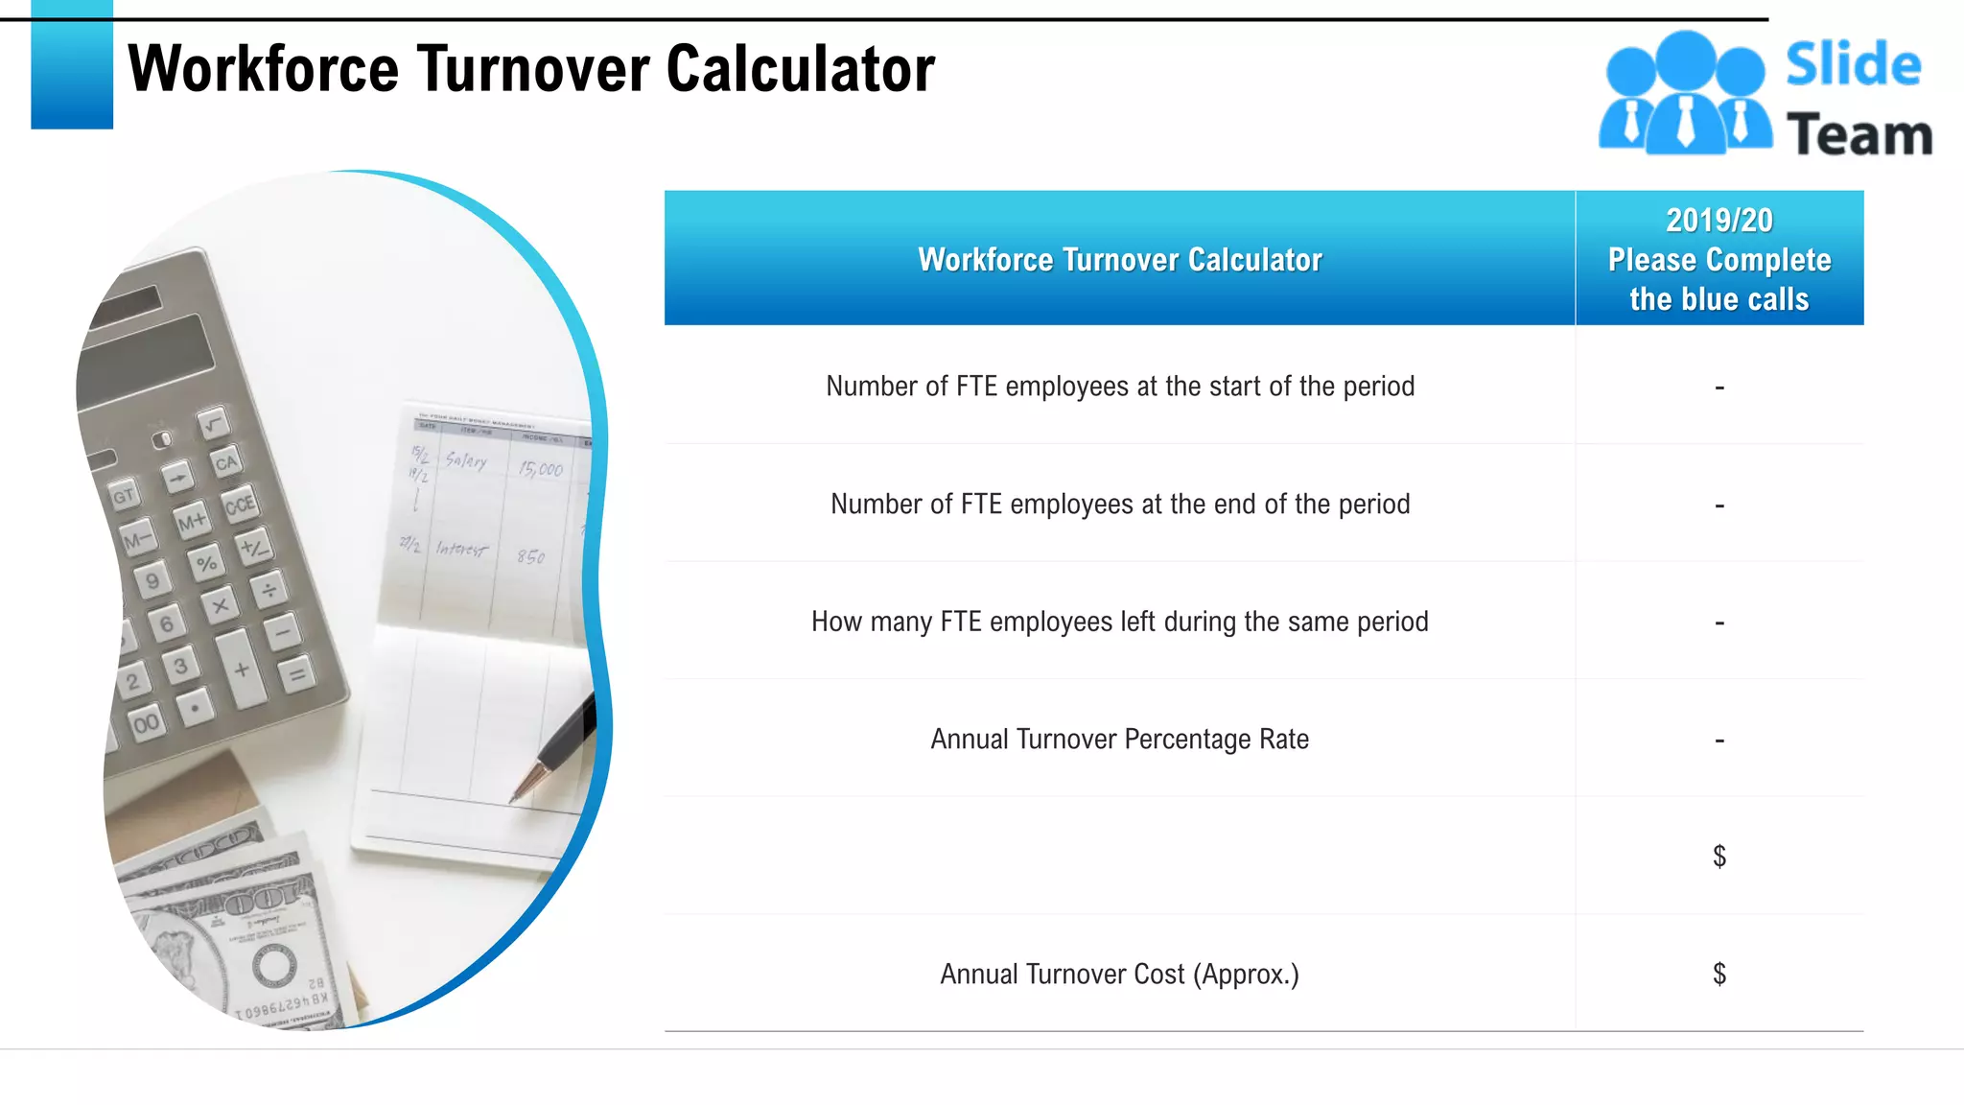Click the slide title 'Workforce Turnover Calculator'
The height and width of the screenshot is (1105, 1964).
[530, 69]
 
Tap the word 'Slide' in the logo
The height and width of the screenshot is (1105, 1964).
[1853, 65]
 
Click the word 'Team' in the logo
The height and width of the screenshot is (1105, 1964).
[1859, 134]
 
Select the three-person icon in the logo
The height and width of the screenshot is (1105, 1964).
[1684, 94]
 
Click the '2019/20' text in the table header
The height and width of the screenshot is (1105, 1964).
[1718, 221]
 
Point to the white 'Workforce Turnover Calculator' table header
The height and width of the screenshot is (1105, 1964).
[1119, 260]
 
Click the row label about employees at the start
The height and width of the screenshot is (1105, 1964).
[1119, 387]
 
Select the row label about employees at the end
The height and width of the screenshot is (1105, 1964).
[1119, 505]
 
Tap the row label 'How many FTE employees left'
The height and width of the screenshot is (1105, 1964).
[1119, 623]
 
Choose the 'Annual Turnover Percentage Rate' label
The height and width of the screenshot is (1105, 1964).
[1119, 740]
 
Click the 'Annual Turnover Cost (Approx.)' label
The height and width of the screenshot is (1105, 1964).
[1119, 975]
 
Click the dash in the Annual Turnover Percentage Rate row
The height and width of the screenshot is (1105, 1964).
[1719, 741]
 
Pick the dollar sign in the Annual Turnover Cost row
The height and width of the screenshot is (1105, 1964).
[1719, 975]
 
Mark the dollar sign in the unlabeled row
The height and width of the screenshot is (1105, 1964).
[1719, 857]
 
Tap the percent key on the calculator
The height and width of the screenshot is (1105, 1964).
[206, 563]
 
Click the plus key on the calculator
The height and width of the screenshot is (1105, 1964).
[242, 670]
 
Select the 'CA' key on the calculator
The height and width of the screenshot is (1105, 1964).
[226, 463]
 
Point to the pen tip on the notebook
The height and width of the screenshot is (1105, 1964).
[516, 798]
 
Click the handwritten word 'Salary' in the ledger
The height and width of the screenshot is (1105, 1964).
[466, 461]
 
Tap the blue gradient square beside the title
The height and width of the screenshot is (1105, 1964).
[72, 65]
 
